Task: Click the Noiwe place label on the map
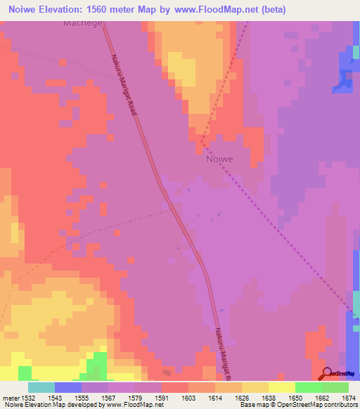pyautogui.click(x=219, y=159)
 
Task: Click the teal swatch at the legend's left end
pyautogui.click(x=41, y=387)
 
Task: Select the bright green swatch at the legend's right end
pyautogui.click(x=335, y=387)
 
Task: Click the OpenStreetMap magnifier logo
pyautogui.click(x=328, y=373)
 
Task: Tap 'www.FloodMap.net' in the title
pyautogui.click(x=229, y=10)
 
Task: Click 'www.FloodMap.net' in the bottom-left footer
pyautogui.click(x=136, y=405)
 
